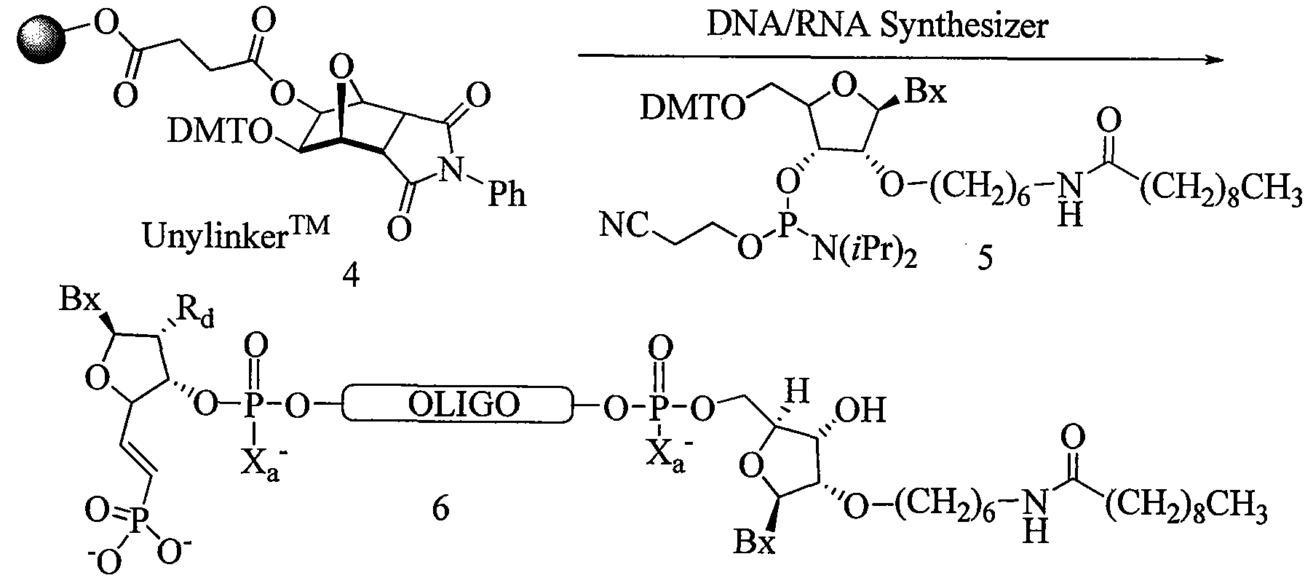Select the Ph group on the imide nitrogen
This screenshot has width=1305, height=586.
click(507, 196)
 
